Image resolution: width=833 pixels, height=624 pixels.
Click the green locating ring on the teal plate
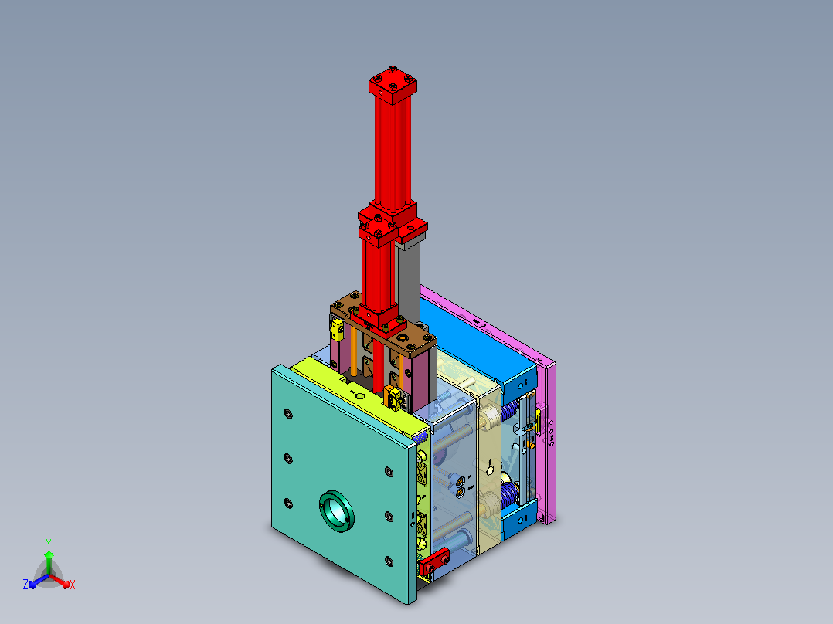336,511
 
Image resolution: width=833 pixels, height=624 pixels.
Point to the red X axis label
73,585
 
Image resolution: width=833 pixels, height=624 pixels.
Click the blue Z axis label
25,585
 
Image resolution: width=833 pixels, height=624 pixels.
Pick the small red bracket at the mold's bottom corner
434,563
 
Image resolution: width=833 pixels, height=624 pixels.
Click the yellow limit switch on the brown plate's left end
337,329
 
